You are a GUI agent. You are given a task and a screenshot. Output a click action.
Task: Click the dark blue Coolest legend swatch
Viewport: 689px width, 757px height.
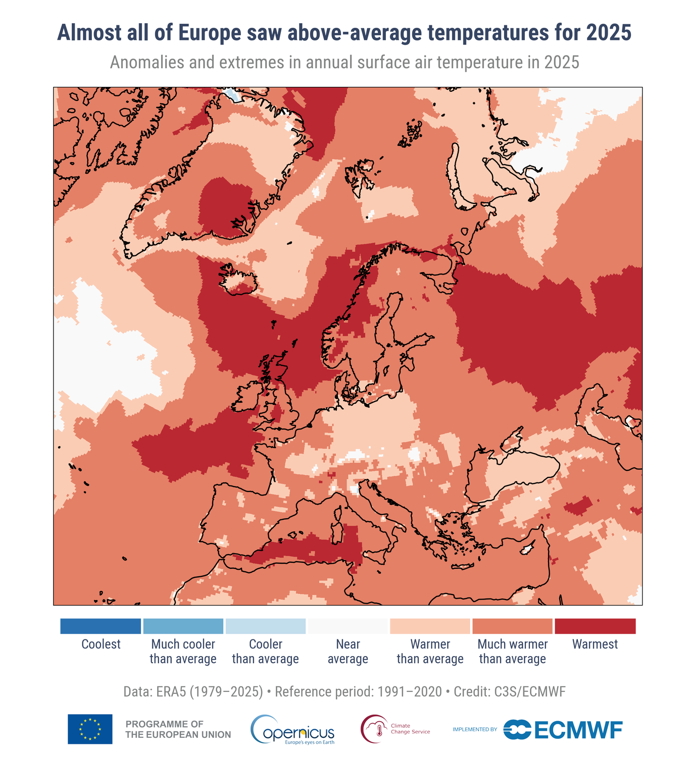coord(100,626)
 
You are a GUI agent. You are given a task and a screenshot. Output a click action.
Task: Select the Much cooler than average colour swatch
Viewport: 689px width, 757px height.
coord(183,626)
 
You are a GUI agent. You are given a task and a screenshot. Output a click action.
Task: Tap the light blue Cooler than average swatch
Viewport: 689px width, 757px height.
coord(265,626)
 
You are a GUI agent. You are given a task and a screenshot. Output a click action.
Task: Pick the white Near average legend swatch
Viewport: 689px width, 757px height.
coord(348,626)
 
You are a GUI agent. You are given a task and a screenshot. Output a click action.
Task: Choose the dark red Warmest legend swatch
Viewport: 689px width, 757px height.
coord(595,626)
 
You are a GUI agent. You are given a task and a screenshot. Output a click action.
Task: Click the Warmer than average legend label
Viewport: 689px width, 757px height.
coord(430,652)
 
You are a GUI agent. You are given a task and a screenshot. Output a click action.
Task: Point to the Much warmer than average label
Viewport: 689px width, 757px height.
coord(512,652)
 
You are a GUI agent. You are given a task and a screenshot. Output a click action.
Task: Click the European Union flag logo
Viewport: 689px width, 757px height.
coord(90,729)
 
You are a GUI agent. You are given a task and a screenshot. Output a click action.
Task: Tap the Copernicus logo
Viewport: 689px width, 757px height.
coord(293,730)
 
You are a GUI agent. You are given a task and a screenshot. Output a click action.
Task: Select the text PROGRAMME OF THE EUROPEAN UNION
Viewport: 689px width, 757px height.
coord(178,730)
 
